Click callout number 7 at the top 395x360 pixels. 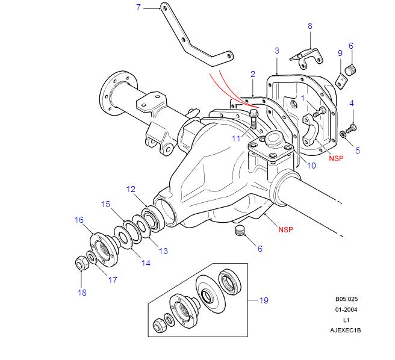coord(138,7)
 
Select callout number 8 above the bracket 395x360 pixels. coord(310,26)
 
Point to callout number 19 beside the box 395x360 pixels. coord(263,300)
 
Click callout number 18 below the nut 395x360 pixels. coord(82,293)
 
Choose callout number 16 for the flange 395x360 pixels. coord(79,220)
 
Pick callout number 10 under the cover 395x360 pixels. coord(311,166)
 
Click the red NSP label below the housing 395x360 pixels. coord(286,229)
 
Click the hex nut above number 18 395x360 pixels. coord(79,264)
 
